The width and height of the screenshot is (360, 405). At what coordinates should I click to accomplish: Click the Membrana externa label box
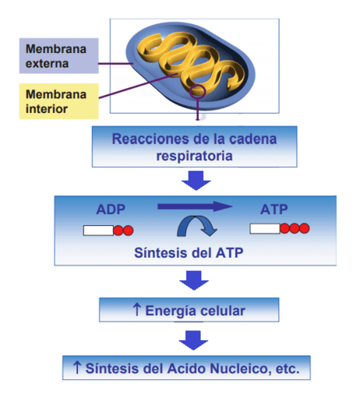tap(59, 56)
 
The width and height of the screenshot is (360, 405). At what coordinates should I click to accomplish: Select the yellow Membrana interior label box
tap(59, 101)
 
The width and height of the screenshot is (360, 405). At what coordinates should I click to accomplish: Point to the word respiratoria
tap(194, 156)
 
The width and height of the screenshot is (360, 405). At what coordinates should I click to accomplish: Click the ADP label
tap(111, 210)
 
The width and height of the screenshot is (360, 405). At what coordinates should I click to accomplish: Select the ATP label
tap(274, 210)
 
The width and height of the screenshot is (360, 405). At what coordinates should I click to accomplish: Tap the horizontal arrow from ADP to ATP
tap(195, 206)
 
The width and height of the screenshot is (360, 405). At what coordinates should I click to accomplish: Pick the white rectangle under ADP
tap(98, 231)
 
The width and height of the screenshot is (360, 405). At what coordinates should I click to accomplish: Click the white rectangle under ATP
tap(265, 229)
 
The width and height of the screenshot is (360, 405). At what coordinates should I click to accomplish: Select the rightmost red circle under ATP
tap(304, 228)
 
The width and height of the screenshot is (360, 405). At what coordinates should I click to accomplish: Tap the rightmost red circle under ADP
tap(128, 231)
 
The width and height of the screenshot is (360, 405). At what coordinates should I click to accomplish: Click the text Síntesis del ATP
tap(189, 252)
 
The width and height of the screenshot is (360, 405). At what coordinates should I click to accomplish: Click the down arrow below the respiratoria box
tap(196, 180)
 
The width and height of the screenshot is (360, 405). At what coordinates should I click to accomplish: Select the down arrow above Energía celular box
tap(194, 280)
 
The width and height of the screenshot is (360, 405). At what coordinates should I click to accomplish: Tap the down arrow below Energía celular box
tap(193, 340)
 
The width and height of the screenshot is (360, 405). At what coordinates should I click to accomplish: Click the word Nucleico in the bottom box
tap(241, 368)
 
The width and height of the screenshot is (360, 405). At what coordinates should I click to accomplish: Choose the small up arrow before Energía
tap(136, 309)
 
